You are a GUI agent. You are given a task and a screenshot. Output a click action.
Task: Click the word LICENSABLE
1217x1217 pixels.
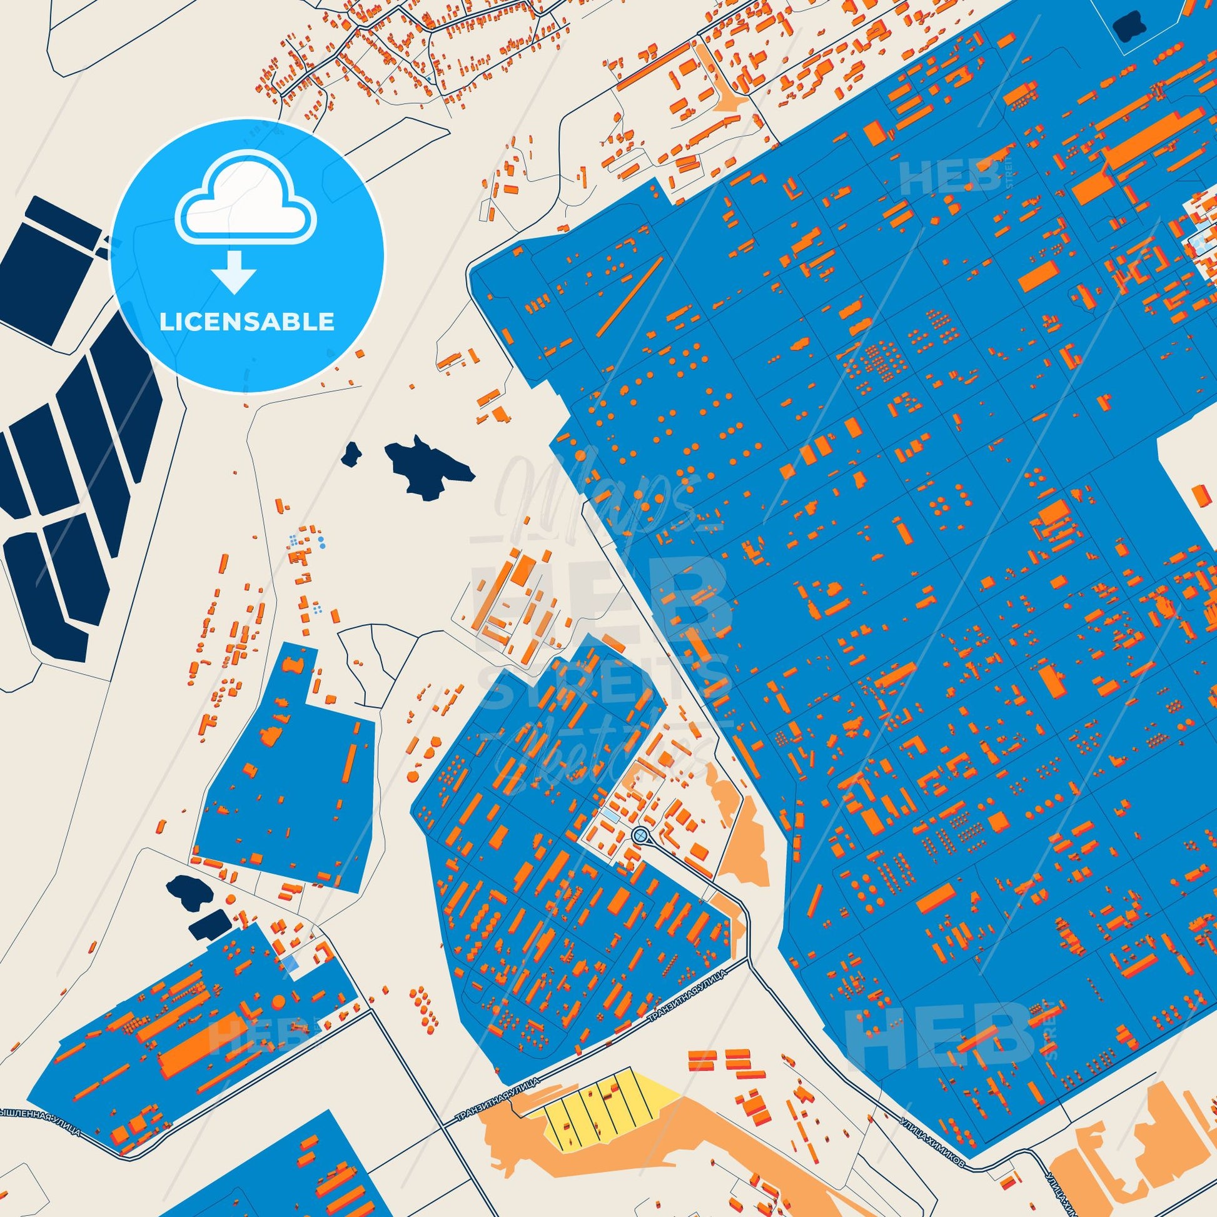[x=246, y=322]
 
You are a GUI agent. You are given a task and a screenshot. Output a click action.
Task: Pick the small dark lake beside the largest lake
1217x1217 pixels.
[x=351, y=453]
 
